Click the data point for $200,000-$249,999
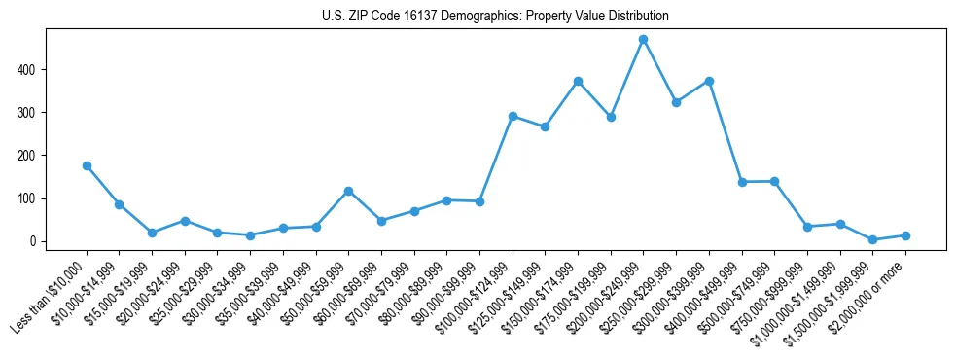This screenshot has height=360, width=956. pyautogui.click(x=643, y=40)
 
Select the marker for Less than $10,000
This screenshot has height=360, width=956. pyautogui.click(x=87, y=166)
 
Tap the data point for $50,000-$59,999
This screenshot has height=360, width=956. pyautogui.click(x=348, y=191)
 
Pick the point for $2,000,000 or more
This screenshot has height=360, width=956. pyautogui.click(x=905, y=235)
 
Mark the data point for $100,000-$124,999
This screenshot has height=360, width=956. pyautogui.click(x=513, y=116)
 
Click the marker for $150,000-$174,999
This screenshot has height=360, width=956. pyautogui.click(x=578, y=81)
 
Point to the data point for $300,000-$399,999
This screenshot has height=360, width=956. pyautogui.click(x=709, y=81)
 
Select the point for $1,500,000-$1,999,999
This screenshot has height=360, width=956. pyautogui.click(x=872, y=239)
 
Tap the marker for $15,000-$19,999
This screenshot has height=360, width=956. pyautogui.click(x=152, y=233)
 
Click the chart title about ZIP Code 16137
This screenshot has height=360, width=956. pyautogui.click(x=495, y=17)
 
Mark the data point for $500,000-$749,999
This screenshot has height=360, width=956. pyautogui.click(x=774, y=181)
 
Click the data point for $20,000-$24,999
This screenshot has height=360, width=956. pyautogui.click(x=185, y=221)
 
